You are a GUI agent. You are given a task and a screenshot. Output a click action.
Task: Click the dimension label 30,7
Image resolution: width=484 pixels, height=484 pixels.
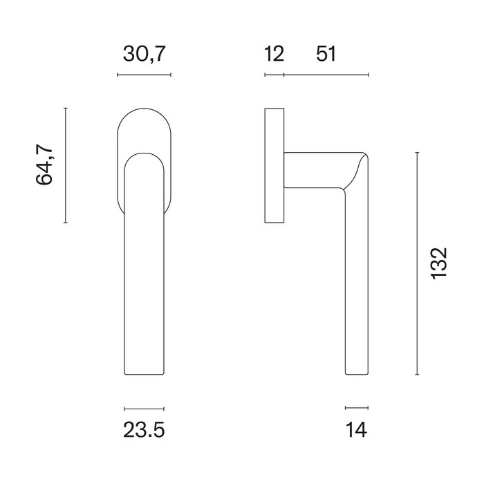pos(143,54)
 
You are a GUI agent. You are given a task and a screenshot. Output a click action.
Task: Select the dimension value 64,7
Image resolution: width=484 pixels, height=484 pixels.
pos(45,165)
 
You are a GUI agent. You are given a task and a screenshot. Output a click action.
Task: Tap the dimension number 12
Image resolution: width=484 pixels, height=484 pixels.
pos(274,54)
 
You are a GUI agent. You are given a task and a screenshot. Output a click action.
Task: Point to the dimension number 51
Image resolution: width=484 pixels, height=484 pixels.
pos(325,54)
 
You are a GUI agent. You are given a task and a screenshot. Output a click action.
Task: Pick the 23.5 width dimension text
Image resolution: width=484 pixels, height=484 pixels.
pos(144,431)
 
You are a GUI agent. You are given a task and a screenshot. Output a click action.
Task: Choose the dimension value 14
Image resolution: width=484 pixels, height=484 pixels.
pos(356,431)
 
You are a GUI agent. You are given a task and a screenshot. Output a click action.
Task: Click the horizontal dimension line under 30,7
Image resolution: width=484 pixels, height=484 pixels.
pos(144,74)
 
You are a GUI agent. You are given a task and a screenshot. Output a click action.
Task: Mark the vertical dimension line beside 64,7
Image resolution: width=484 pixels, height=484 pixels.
pos(66,165)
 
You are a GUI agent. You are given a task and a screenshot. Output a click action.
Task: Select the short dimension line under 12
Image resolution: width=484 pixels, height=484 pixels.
pos(274,74)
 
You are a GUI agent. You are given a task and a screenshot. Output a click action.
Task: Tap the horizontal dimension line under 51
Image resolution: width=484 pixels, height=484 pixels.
pos(326,74)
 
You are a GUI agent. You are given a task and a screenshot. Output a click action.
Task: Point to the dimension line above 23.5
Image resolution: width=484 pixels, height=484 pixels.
pos(144,408)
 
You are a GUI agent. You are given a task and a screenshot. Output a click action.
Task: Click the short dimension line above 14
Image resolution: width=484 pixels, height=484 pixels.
pos(356,408)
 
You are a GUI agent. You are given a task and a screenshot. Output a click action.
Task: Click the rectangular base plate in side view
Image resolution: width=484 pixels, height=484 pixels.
pos(274,165)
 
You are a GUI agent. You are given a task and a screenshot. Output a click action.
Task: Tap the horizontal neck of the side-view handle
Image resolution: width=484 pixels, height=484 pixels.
pos(315,169)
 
